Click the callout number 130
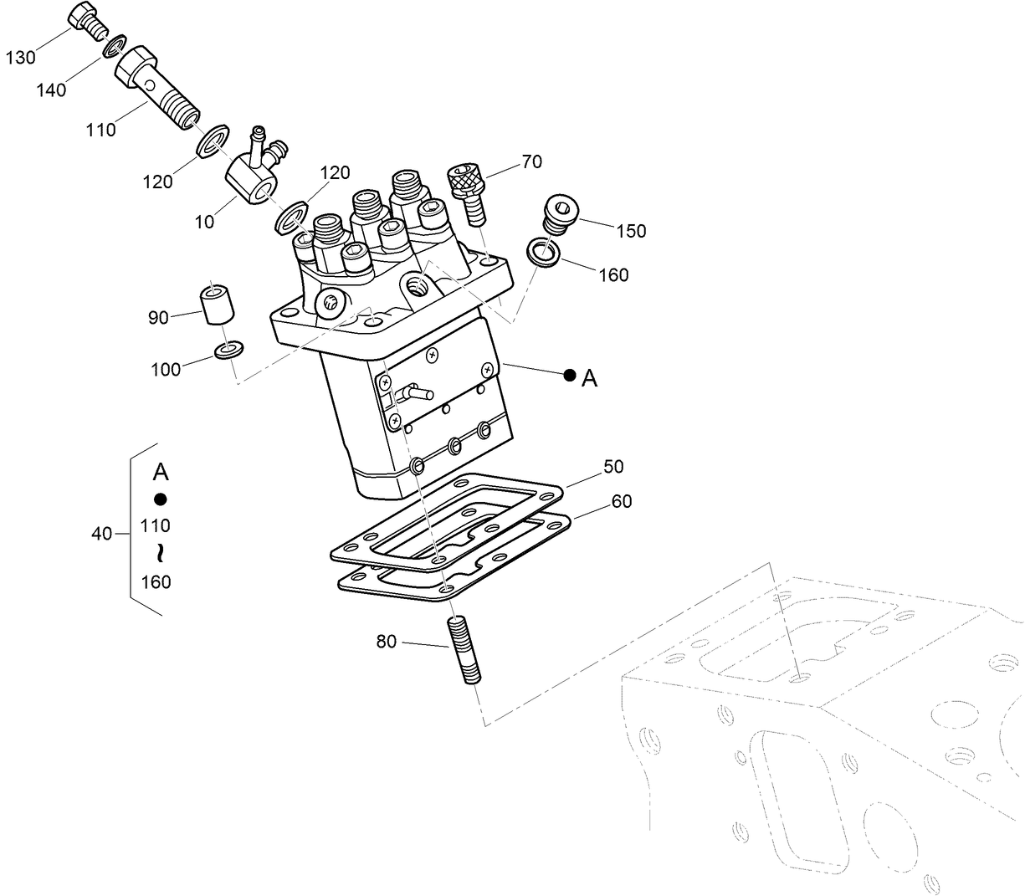(x=21, y=57)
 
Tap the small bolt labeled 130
(x=85, y=18)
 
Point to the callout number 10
(x=204, y=222)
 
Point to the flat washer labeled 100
(x=228, y=349)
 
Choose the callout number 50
(x=613, y=467)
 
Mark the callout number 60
(x=621, y=501)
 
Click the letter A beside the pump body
(x=589, y=379)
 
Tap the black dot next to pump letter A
(x=569, y=376)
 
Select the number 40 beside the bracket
(x=101, y=533)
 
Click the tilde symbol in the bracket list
(x=156, y=553)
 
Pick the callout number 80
(x=386, y=642)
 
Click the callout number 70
(x=531, y=162)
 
